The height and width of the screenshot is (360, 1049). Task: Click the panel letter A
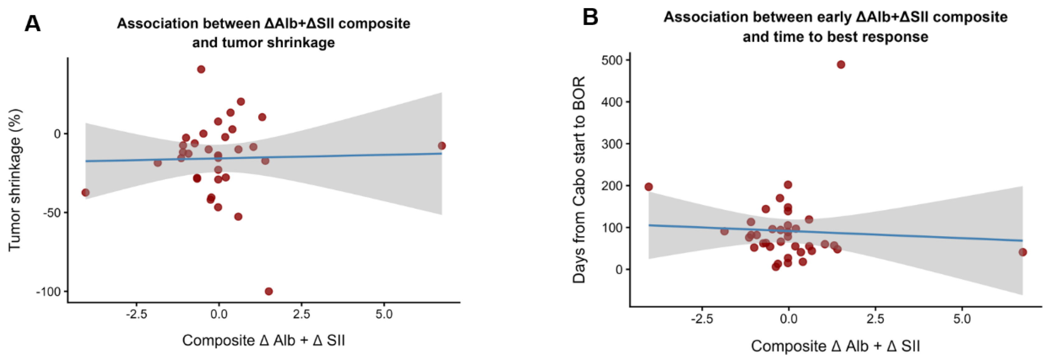(33, 24)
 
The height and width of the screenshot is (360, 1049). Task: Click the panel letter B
(590, 17)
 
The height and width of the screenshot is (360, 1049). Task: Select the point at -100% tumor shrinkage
(268, 291)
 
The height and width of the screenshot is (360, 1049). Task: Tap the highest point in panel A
(201, 69)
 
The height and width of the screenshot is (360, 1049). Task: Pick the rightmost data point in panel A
(442, 146)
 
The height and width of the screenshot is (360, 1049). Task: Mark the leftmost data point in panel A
(86, 193)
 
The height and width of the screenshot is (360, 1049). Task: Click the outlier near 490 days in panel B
(841, 64)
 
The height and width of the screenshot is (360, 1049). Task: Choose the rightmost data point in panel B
(1023, 252)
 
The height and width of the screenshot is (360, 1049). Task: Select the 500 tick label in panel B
(612, 60)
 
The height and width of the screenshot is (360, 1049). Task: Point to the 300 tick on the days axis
(612, 144)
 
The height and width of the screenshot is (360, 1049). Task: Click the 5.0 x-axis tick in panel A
(384, 314)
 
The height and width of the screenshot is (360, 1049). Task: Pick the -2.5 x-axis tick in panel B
(702, 319)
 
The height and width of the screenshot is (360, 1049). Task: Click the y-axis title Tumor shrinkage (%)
(15, 180)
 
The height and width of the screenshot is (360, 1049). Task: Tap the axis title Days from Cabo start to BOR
(579, 180)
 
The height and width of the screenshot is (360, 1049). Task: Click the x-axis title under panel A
(264, 340)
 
